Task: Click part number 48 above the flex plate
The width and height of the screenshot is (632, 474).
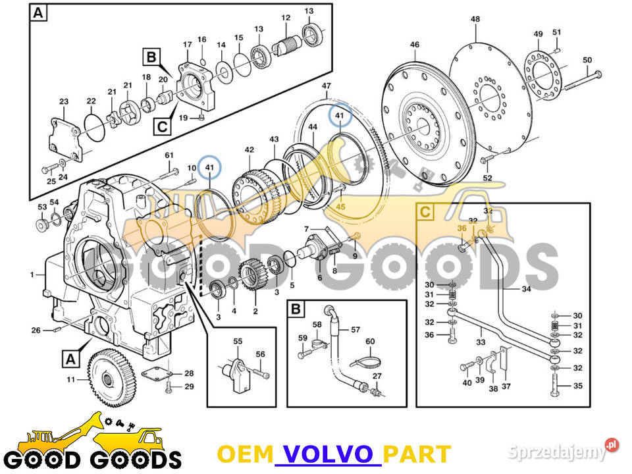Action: click(x=475, y=19)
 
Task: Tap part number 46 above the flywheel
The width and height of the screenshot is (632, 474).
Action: click(x=414, y=45)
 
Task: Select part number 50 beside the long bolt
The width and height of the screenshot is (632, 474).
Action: click(x=587, y=61)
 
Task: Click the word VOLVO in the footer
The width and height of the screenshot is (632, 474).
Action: click(x=327, y=454)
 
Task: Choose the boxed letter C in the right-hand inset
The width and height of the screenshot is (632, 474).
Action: click(x=427, y=212)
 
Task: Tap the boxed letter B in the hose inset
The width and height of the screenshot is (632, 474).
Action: click(x=296, y=308)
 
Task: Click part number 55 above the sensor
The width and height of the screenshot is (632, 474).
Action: click(x=238, y=342)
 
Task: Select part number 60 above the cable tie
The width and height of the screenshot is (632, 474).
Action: click(x=370, y=341)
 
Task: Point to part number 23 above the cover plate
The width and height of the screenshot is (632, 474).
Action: click(x=64, y=101)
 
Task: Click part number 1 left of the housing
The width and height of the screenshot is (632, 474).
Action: click(x=32, y=274)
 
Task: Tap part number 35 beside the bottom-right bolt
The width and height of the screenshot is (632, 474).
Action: click(x=578, y=386)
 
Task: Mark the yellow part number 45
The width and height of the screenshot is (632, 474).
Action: click(x=340, y=207)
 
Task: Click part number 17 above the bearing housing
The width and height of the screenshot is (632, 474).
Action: click(x=187, y=45)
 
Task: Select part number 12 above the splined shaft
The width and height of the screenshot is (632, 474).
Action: click(x=286, y=17)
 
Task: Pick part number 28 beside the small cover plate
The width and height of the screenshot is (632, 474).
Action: click(x=189, y=373)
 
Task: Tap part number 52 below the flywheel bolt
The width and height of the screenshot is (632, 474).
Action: click(x=487, y=178)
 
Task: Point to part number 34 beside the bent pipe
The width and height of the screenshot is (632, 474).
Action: click(x=526, y=288)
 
